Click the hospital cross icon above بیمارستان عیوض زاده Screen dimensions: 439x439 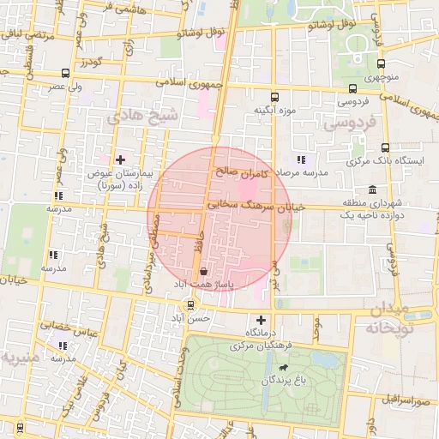click(120, 159)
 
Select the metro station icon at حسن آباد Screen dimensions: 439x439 click(190, 304)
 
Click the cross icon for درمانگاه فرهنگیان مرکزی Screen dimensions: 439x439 click(262, 320)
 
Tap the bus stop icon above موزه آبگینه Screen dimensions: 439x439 click(274, 97)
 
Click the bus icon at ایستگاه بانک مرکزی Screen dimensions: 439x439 click(384, 147)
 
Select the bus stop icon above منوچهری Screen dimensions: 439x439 click(381, 63)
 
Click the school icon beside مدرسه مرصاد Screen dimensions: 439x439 click(300, 159)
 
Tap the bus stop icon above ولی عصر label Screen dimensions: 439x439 click(66, 73)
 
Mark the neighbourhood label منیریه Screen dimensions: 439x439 click(20, 355)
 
